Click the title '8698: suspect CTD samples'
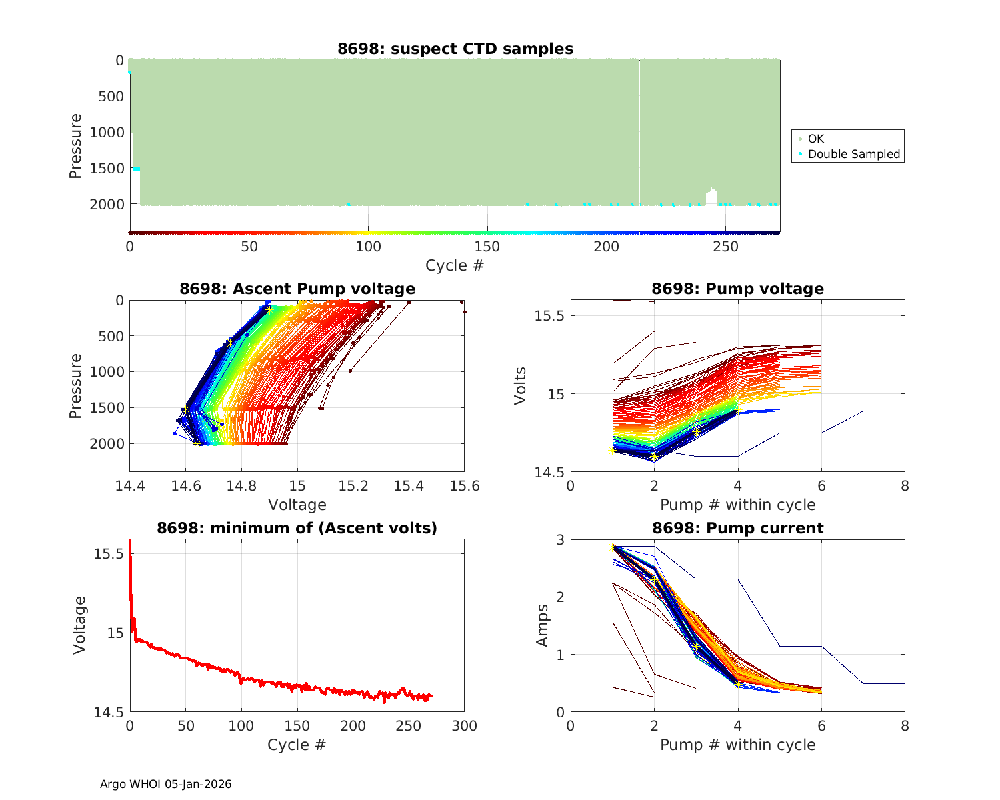(x=455, y=49)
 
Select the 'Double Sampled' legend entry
(x=853, y=154)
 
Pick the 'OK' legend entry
(x=815, y=139)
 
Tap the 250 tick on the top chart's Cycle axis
(x=726, y=247)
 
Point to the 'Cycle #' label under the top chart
(x=455, y=265)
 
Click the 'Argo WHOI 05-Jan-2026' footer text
(x=165, y=784)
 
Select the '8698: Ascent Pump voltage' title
(x=297, y=289)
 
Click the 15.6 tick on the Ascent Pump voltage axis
(x=465, y=485)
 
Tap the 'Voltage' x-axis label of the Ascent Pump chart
(x=297, y=505)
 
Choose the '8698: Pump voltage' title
(x=737, y=289)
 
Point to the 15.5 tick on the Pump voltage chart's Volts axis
(x=549, y=315)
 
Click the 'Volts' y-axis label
(x=521, y=386)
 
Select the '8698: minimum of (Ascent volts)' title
(x=297, y=528)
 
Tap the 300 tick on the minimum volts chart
(x=465, y=726)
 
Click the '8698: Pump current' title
(x=737, y=528)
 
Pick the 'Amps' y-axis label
(x=543, y=625)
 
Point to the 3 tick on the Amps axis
(x=559, y=539)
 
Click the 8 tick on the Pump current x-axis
(x=905, y=726)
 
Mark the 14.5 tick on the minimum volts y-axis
(x=108, y=713)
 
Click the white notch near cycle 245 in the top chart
(x=711, y=197)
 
